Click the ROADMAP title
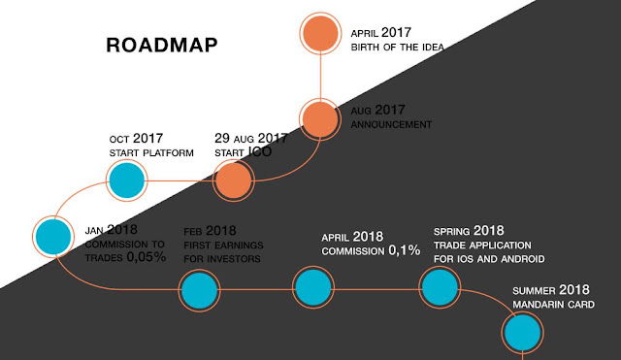tap(162, 46)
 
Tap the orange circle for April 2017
tap(320, 33)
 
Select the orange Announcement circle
tap(320, 119)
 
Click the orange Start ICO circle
tap(233, 180)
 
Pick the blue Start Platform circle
tap(127, 180)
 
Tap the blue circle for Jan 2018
tap(53, 237)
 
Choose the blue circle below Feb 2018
tap(199, 290)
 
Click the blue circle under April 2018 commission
tap(313, 287)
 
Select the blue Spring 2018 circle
tap(440, 287)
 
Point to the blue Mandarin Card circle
tap(522, 332)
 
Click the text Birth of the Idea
tap(397, 48)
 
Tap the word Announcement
tap(391, 125)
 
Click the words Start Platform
tap(151, 153)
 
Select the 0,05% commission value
tap(147, 257)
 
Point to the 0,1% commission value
tap(404, 250)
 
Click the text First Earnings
tap(223, 245)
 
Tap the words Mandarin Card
tap(553, 305)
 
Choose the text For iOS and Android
tap(489, 259)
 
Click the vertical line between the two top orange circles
tap(320, 77)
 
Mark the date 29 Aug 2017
tap(251, 138)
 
